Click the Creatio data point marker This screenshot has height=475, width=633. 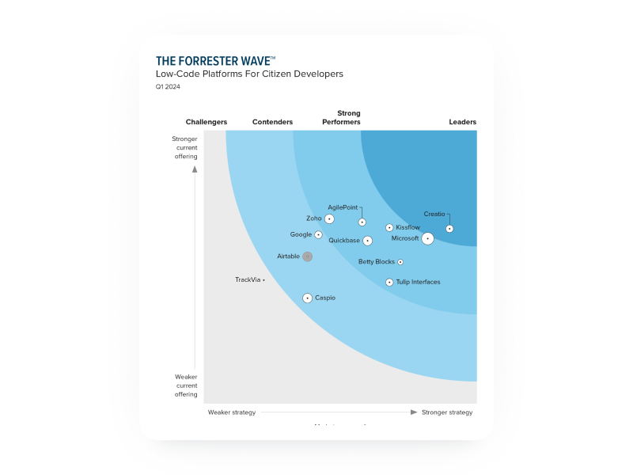(449, 229)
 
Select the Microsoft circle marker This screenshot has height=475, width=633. (427, 238)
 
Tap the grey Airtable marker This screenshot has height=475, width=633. (307, 256)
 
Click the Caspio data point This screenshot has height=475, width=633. (307, 298)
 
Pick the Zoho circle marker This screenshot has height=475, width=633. (329, 218)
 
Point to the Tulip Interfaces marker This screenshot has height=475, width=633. (389, 283)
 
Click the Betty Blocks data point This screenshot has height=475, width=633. (400, 262)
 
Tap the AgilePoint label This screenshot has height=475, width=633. (343, 207)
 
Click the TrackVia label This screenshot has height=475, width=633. (248, 279)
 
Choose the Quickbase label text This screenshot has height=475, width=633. (344, 241)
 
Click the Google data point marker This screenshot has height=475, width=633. (318, 235)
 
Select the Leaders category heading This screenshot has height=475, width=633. (462, 122)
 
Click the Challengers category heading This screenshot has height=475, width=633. (207, 122)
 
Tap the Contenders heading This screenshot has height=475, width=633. (272, 122)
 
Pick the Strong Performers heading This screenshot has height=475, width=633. (341, 118)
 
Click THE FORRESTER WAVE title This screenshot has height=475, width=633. (215, 61)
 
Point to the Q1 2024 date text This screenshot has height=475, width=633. (168, 86)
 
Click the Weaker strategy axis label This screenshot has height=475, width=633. (232, 412)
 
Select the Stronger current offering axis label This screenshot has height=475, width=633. (185, 147)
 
